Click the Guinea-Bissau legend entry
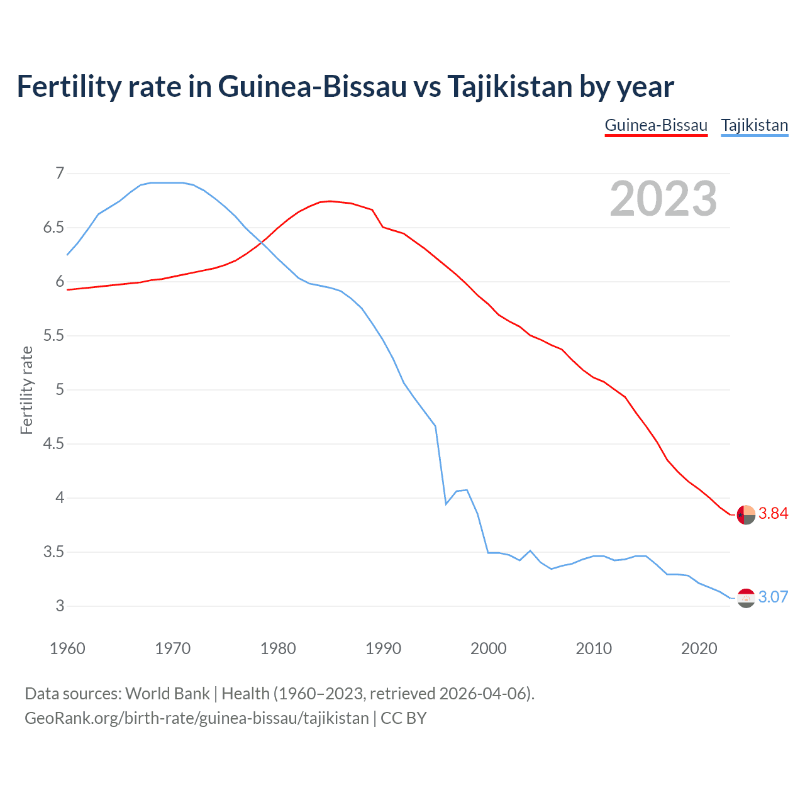pos(656,125)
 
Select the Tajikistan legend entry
pos(754,125)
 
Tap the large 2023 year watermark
pos(663,199)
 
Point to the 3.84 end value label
pos(773,514)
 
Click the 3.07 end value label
pos(773,597)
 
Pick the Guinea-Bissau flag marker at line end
pos(746,514)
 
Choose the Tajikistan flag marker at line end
pos(746,597)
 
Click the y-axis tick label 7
pos(60,173)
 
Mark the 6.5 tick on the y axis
pos(53,227)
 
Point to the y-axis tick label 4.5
pos(53,444)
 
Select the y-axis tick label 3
pos(60,606)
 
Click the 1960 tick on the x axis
pos(67,648)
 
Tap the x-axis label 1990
pos(383,648)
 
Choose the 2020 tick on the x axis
pos(699,648)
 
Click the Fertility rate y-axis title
pos(26,390)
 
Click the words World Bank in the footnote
pos(167,694)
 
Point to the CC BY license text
pos(404,718)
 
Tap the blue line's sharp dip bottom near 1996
pos(446,504)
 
